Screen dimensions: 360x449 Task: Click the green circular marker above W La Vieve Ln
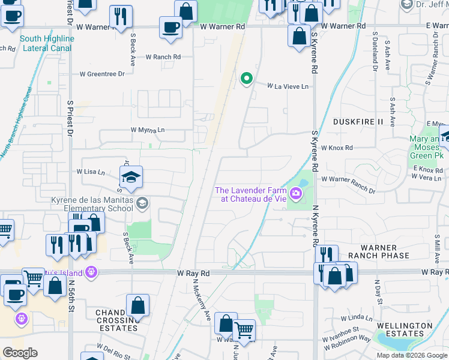pos(246,79)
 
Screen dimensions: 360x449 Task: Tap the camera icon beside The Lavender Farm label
pos(295,193)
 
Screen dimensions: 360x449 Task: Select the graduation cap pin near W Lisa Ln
pos(130,177)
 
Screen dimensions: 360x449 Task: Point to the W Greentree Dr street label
pos(102,74)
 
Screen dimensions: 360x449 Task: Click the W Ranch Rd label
pos(160,57)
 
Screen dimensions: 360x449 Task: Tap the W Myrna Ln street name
pos(148,130)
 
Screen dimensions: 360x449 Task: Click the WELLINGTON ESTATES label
pos(404,329)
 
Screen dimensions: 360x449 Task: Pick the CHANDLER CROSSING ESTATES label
pos(116,320)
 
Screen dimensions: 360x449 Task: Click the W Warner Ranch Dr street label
pos(348,179)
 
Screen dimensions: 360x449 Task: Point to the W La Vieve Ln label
pos(288,86)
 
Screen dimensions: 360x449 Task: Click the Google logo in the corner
pos(20,353)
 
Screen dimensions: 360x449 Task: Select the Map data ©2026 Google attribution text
pos(412,355)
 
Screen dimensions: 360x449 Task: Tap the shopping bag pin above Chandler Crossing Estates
pos(137,305)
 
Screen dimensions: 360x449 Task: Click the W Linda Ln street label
pos(357,317)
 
